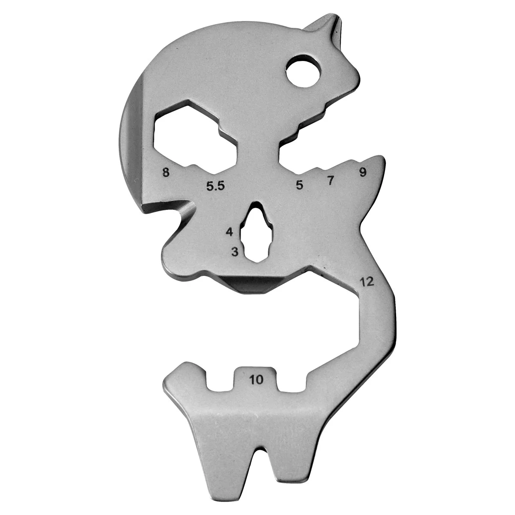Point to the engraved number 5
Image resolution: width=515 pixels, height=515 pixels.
(300, 185)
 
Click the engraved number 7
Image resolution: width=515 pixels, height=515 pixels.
(330, 181)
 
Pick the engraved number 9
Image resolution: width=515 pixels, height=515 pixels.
(363, 173)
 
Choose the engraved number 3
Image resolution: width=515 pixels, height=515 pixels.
(234, 251)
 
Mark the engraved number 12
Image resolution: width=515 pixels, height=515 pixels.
(367, 282)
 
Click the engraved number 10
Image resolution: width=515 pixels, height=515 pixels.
(256, 379)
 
